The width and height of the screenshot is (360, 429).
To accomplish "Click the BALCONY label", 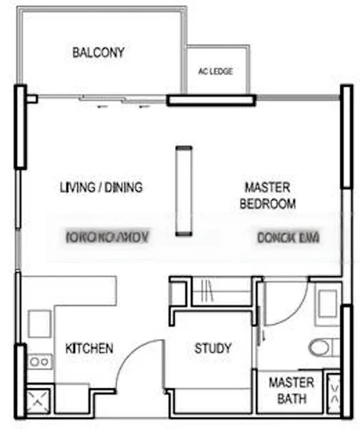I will (x=99, y=52).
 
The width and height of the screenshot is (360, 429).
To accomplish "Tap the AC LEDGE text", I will (x=215, y=71).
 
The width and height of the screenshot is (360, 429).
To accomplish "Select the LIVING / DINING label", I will (x=101, y=188).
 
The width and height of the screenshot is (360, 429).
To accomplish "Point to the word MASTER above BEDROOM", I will (x=267, y=187).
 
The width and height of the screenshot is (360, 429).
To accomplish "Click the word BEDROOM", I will (x=267, y=204).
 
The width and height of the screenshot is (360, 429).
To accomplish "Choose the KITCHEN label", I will (x=89, y=349).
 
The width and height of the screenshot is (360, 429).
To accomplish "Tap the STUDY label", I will (x=213, y=349).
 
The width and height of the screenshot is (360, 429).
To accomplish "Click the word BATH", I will (x=291, y=399).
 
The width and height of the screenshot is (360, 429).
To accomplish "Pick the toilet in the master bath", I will (x=321, y=347).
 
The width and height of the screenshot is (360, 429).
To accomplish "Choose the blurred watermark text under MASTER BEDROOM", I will (x=287, y=237).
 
